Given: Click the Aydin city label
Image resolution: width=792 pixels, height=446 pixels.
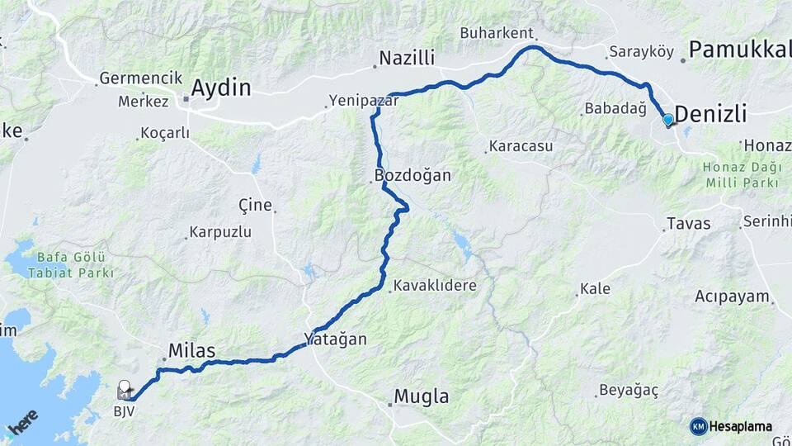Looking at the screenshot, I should (x=221, y=88).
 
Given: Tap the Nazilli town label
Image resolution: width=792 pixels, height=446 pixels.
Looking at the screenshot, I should (x=407, y=59).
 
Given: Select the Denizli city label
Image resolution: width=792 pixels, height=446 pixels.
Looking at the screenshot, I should (x=710, y=115).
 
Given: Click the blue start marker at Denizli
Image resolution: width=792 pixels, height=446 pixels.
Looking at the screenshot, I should (x=668, y=121).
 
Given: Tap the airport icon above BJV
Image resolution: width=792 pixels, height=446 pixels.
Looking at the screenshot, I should (x=125, y=387).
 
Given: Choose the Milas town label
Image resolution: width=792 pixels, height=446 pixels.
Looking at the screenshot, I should (x=191, y=352).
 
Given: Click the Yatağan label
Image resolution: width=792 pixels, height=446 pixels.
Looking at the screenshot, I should (x=335, y=339).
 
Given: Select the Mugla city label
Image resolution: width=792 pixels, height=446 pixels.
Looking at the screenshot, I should (x=422, y=396).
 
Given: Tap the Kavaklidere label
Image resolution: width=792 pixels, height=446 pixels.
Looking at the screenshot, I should (x=435, y=286).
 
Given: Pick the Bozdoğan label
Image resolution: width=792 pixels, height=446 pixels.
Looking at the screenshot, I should (x=412, y=175).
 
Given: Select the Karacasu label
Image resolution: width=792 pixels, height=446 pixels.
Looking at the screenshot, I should (x=521, y=146).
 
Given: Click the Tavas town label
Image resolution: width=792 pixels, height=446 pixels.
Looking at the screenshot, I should (x=688, y=224).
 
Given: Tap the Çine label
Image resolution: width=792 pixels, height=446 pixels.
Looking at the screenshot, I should (x=255, y=205).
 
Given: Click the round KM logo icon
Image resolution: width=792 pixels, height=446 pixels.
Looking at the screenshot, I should (x=699, y=426).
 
